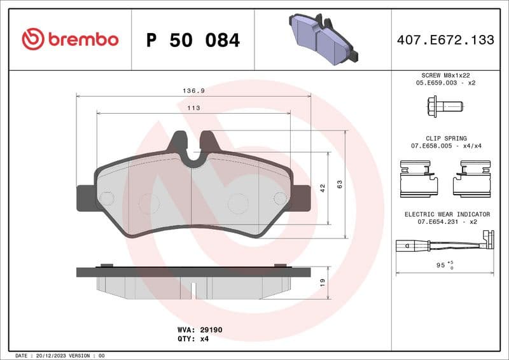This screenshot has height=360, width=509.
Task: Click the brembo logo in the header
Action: tap(70, 39)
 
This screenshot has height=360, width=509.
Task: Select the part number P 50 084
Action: tap(193, 40)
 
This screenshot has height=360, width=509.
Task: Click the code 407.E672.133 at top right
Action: tap(445, 40)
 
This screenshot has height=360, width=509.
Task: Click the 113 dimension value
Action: tap(193, 108)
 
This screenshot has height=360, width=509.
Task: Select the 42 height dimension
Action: tap(323, 188)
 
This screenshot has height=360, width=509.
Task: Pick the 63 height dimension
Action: tap(340, 184)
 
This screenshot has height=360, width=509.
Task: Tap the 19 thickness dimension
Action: tap(323, 280)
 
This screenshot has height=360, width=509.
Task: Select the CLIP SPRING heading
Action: tap(447, 138)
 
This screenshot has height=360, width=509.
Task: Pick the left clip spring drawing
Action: tap(419, 179)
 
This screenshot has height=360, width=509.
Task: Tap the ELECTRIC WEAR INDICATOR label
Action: tap(447, 214)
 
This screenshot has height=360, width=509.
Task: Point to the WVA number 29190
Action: tap(211, 330)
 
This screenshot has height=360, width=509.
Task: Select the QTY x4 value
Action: tap(204, 339)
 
